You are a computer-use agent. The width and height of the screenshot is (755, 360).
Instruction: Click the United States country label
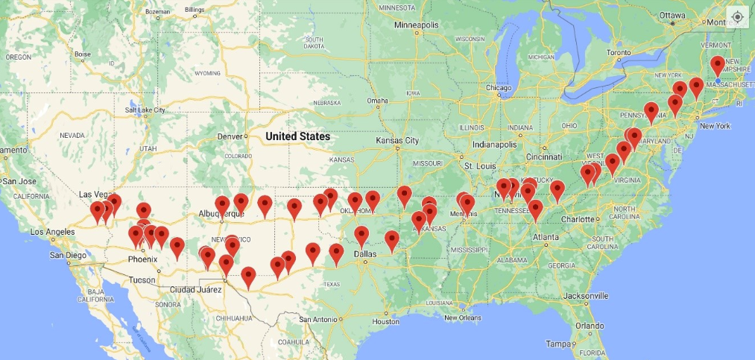[x=297, y=136]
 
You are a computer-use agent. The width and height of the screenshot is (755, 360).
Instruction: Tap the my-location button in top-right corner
[x=737, y=16]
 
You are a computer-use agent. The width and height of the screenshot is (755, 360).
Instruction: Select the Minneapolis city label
[x=417, y=25]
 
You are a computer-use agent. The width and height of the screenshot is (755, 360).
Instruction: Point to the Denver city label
[x=230, y=136]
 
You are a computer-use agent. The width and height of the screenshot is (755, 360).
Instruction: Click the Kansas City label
[x=397, y=140]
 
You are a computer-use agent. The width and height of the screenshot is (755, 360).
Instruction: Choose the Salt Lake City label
[x=145, y=110]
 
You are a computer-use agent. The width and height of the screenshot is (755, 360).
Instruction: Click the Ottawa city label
[x=672, y=15]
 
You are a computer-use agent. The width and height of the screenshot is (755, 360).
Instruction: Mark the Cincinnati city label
[x=543, y=157]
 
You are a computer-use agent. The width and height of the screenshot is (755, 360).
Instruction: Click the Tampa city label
[x=557, y=344]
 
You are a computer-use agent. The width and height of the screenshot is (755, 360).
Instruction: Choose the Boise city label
[x=82, y=54]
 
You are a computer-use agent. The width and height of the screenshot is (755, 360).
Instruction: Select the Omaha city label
[x=377, y=101]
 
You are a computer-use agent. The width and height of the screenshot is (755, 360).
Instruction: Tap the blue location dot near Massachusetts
[x=718, y=80]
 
